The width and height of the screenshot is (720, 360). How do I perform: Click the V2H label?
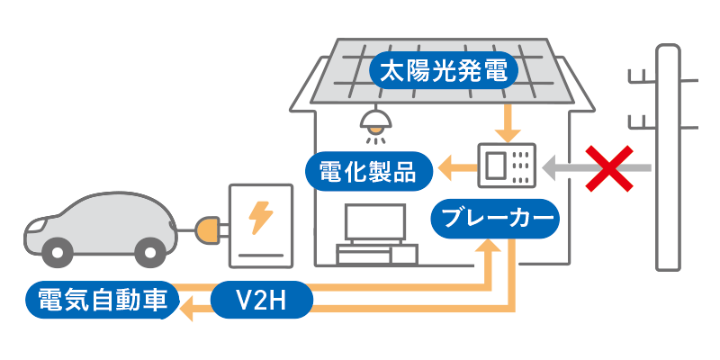coord(260,300)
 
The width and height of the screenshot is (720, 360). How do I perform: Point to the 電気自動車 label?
coord(100,300)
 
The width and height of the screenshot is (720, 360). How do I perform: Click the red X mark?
coord(608,167)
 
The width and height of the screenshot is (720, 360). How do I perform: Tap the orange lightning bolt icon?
coord(261,216)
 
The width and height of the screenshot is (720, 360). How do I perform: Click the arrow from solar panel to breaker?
coord(508,122)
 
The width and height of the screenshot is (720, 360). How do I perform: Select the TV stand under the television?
coord(374,255)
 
